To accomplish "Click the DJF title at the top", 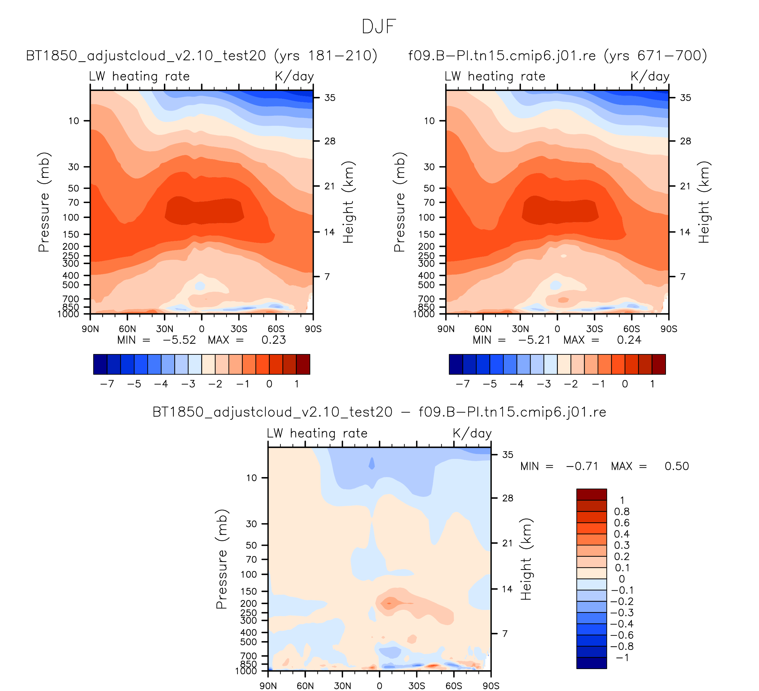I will click(x=379, y=27).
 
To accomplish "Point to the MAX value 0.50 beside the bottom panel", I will click(x=677, y=466).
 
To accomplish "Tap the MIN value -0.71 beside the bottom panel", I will click(x=582, y=466).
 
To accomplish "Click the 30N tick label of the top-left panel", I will click(x=165, y=329).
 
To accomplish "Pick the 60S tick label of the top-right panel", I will click(x=631, y=329).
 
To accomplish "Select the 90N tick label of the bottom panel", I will click(x=268, y=686).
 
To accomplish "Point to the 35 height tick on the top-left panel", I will click(x=330, y=98).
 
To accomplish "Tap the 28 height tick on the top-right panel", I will click(x=686, y=141).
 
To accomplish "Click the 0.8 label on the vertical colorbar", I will click(x=621, y=511).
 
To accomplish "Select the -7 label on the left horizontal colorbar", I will click(x=107, y=384).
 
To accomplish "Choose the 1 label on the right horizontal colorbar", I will click(x=652, y=384).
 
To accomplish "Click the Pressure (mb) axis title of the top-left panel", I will click(x=44, y=202).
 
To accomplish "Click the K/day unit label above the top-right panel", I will click(x=650, y=77).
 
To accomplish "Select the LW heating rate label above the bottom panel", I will click(x=317, y=433).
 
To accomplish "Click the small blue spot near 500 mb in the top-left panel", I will click(x=200, y=286).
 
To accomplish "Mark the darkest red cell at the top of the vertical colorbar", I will click(x=591, y=494).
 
